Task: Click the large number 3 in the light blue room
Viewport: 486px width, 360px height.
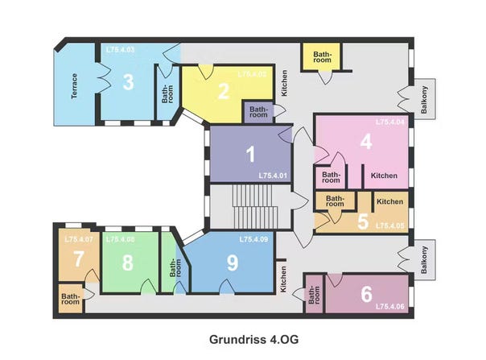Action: tap(128, 82)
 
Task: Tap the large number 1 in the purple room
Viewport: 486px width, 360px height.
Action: tap(250, 155)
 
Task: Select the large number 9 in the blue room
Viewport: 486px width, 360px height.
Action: tap(233, 263)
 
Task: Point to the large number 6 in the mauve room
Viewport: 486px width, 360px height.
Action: tap(366, 294)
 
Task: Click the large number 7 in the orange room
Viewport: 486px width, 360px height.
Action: tap(78, 259)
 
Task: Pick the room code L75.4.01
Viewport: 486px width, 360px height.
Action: tap(273, 176)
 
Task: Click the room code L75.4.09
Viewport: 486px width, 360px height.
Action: tap(253, 239)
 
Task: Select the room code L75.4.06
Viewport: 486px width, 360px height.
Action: tap(390, 307)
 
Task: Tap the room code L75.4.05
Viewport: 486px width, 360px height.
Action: tap(390, 226)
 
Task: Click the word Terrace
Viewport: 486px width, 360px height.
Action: tap(74, 86)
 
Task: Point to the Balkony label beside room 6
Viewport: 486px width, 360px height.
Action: tap(424, 260)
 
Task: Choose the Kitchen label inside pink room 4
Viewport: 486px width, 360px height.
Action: tap(384, 176)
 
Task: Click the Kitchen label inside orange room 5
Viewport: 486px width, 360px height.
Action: tap(390, 201)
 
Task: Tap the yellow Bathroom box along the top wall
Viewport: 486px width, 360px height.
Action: tap(322, 57)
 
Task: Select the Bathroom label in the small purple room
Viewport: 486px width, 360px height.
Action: tap(258, 112)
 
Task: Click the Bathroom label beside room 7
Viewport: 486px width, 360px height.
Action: tap(70, 299)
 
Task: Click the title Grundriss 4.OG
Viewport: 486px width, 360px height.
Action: tap(253, 340)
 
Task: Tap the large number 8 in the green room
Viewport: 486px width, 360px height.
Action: tap(128, 263)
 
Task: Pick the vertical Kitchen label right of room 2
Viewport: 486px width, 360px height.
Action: tap(284, 83)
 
